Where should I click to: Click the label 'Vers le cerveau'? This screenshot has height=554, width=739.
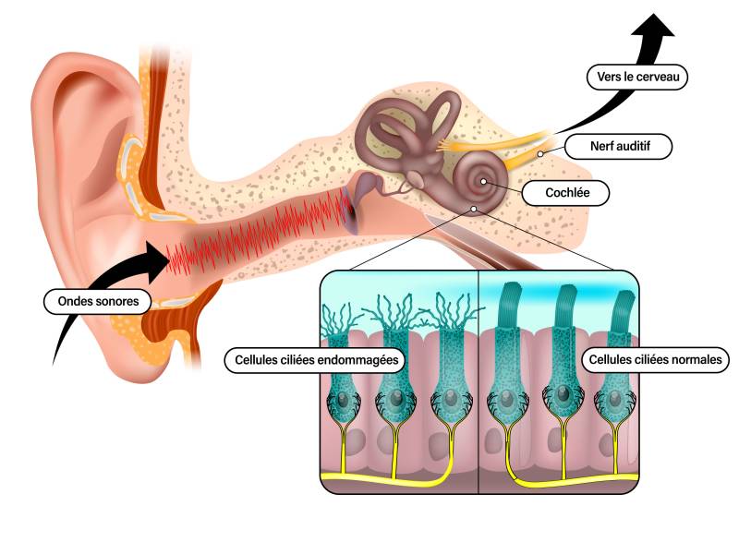pos(637,77)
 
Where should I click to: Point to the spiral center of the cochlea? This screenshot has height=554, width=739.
pos(483,181)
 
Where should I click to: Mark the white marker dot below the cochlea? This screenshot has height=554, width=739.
pos(474,209)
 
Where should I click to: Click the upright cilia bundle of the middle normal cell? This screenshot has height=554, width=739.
pos(563,305)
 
